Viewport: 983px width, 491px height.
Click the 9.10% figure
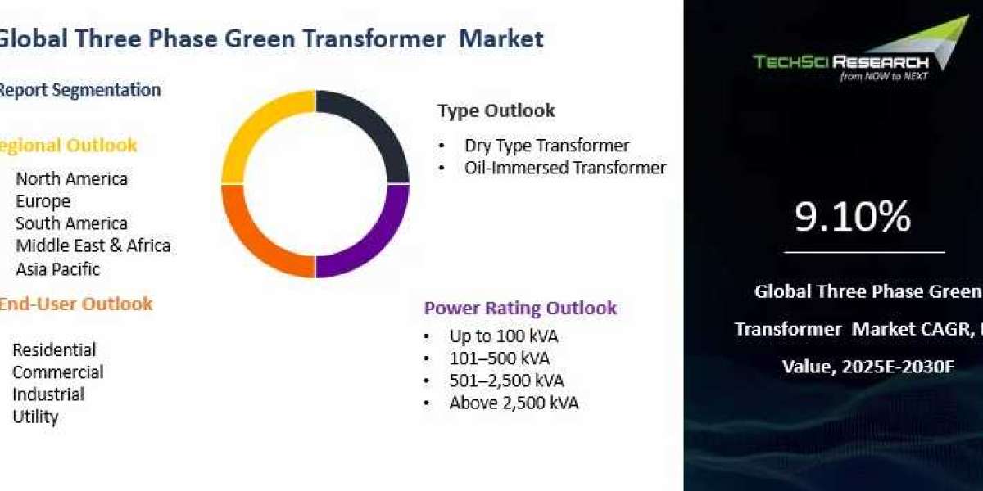coord(853,216)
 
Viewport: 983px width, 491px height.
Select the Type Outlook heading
coord(496,110)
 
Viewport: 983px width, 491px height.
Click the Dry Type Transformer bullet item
coord(547,146)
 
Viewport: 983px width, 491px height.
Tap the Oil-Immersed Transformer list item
coord(565,168)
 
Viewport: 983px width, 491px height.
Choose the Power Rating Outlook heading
coord(520,308)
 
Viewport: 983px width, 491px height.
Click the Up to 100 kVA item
coord(504,336)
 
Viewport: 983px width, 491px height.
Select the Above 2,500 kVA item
coord(514,403)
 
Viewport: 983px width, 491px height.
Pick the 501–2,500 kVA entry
coord(506,381)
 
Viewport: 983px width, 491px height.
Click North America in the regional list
coord(71,179)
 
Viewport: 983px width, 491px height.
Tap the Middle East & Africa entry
coord(93,246)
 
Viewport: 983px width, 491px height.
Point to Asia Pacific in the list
coord(58,269)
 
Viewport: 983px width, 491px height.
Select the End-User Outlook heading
coord(75,304)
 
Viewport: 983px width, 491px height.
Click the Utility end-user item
coord(35,417)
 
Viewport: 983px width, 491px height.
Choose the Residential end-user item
coord(54,350)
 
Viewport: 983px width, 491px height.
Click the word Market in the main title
coord(501,38)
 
